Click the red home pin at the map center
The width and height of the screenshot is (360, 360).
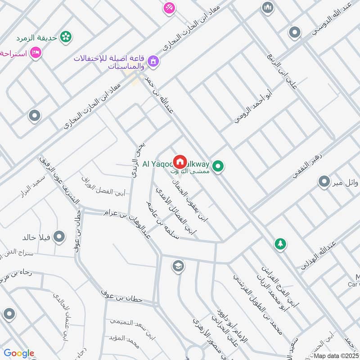[x=180, y=161]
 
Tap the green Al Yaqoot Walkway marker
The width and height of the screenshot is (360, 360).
[x=219, y=167]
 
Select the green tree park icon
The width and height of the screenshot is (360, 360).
[x=280, y=244]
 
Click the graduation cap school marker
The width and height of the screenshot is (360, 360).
[x=178, y=266]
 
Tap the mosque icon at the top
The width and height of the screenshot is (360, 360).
[x=268, y=8]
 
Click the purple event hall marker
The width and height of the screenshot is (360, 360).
[x=153, y=61]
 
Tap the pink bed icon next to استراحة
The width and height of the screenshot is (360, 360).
[x=36, y=53]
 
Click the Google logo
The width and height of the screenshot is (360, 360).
[x=19, y=353]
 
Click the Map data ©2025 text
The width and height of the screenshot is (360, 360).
[x=337, y=355]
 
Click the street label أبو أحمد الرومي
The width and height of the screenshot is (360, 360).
[x=254, y=106]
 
